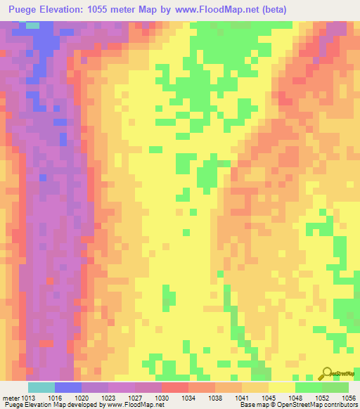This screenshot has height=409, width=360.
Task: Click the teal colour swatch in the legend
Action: point(41,387)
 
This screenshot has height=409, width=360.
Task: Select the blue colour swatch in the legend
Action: point(67,387)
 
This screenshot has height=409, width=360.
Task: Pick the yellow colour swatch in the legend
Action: point(281,387)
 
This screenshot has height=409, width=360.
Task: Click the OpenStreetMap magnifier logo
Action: point(326,372)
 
